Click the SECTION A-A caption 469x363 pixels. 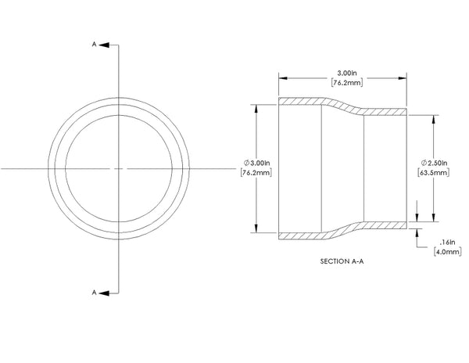coord(343,261)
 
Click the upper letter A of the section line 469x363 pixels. coord(95,45)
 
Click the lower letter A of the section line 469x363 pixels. coord(95,293)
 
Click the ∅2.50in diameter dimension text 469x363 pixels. coord(434,162)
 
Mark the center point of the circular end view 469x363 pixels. coord(119,168)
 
